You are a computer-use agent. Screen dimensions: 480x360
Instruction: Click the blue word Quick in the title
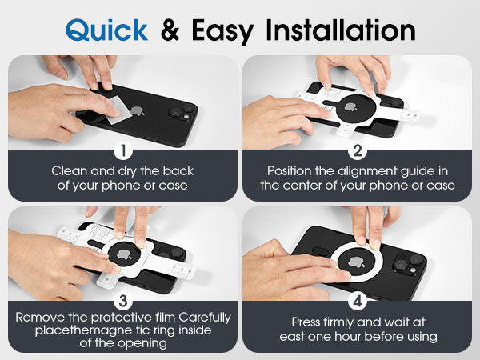106,30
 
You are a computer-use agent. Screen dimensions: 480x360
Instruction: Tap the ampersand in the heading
170,30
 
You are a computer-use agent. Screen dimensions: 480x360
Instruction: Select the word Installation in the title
341,30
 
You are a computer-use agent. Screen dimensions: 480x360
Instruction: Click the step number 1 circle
123,150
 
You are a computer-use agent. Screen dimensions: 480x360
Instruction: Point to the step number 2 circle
358,150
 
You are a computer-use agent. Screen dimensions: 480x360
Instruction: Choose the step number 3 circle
123,301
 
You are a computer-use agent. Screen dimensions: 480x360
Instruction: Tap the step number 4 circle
358,301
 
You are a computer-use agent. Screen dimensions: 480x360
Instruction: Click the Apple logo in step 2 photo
350,107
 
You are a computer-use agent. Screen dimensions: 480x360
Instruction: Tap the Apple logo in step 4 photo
357,262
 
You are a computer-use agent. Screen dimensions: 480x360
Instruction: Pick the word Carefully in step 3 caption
205,318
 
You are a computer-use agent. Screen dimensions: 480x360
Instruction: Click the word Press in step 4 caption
306,322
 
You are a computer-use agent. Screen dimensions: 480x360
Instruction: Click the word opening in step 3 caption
143,343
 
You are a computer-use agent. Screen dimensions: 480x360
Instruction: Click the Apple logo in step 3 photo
124,254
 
